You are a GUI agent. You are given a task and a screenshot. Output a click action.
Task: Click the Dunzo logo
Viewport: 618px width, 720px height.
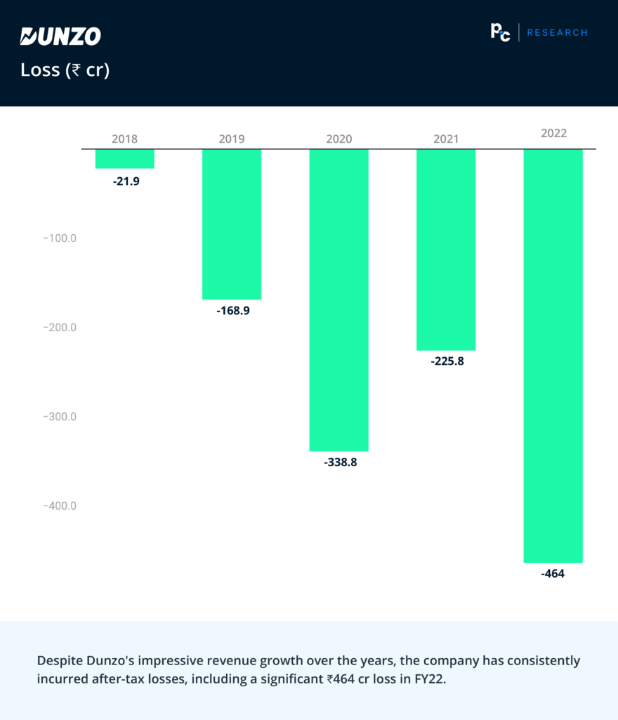point(60,37)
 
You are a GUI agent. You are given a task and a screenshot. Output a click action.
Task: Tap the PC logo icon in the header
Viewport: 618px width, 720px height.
point(500,32)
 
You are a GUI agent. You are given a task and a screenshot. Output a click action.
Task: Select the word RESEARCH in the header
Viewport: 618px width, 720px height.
point(557,32)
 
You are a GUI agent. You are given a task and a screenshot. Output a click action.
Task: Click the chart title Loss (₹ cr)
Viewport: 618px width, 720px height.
point(65,70)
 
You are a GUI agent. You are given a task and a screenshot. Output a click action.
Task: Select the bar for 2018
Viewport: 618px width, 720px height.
point(125,159)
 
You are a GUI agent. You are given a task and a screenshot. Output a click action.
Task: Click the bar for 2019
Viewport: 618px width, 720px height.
point(232,224)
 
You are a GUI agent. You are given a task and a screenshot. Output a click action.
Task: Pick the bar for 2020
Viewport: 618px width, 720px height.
point(339,300)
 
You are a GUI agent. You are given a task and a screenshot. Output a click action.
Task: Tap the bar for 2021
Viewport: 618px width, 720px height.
point(446,250)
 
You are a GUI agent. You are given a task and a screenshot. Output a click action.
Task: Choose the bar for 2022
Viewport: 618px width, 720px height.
point(553,356)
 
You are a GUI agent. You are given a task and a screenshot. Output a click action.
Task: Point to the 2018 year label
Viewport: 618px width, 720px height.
point(125,139)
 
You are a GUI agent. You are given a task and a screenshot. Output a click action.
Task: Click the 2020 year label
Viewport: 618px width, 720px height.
point(339,139)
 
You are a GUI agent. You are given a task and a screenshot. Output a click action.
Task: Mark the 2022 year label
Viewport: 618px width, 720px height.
point(553,133)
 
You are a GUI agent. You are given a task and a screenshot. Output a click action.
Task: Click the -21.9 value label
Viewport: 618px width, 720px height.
point(126,181)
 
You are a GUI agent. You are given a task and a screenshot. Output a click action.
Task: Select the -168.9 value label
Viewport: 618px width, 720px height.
point(233,310)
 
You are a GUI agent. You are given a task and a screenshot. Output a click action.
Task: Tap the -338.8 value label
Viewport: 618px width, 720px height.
point(341,463)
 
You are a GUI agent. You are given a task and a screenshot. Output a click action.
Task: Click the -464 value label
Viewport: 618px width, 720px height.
point(553,574)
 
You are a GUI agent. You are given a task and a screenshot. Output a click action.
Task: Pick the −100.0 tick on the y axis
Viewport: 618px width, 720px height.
point(60,238)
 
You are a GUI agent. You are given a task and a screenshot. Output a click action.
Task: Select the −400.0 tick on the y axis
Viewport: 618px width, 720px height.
point(60,506)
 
